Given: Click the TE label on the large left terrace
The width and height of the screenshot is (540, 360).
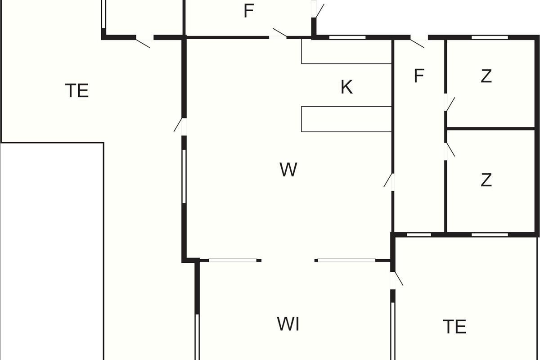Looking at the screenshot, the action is [77, 90].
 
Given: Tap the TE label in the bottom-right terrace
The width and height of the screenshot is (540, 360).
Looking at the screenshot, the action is [454, 327].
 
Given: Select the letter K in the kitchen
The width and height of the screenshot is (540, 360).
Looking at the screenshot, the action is [346, 87].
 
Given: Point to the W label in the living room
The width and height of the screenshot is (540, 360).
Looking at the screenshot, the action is [288, 170].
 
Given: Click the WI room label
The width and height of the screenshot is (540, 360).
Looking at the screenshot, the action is [288, 324].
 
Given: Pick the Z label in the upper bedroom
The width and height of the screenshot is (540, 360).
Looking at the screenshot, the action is [486, 76].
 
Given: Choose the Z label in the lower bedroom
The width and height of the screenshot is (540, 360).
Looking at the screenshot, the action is [486, 180].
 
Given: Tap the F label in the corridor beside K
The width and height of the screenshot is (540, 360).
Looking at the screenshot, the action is [419, 76].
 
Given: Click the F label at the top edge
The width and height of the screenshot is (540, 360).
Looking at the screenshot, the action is [249, 11].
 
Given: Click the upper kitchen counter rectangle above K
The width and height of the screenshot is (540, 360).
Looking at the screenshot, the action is [346, 51].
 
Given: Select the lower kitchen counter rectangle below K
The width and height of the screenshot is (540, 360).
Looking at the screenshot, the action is [346, 119].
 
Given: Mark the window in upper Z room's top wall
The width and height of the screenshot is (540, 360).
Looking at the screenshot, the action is [490, 37].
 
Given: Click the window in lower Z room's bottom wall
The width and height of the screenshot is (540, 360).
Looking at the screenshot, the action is [490, 235].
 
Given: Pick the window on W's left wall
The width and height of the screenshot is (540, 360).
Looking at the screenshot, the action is [184, 176].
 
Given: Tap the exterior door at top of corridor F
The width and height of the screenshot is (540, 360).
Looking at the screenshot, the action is [419, 41].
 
